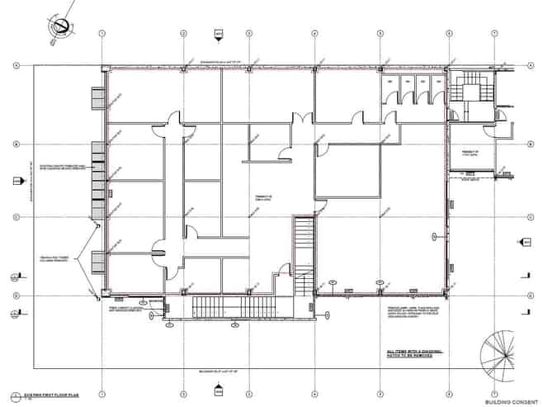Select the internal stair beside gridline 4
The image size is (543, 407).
pyautogui.click(x=305, y=256)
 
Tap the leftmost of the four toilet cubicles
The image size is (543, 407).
pyautogui.click(x=390, y=88)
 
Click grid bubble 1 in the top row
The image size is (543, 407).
pyautogui.click(x=101, y=34)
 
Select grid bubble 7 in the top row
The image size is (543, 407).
pyautogui.click(x=493, y=34)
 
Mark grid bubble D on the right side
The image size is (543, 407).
pyautogui.click(x=528, y=295)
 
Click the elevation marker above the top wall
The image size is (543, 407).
pyautogui.click(x=219, y=34)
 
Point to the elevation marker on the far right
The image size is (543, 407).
pyautogui.click(x=523, y=242)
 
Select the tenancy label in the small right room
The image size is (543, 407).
pyautogui.click(x=470, y=154)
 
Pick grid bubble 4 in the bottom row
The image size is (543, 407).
pyautogui.click(x=314, y=393)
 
